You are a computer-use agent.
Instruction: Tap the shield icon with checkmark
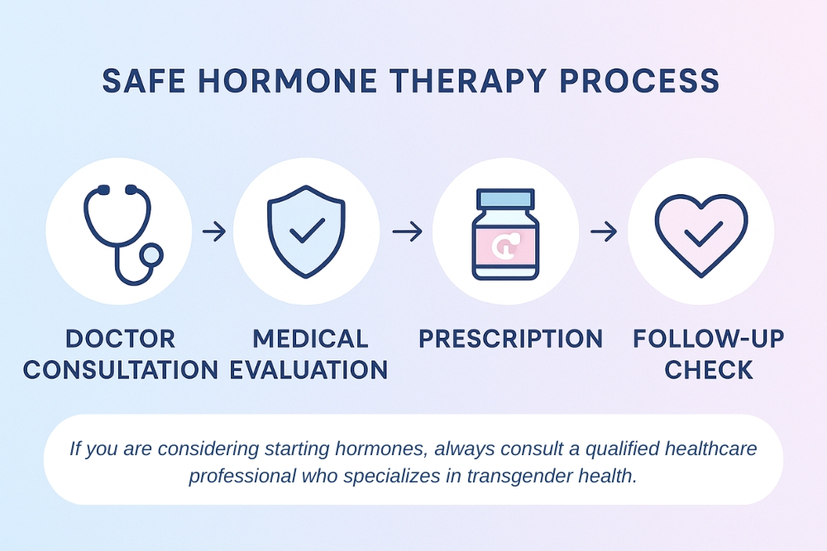(x=306, y=230)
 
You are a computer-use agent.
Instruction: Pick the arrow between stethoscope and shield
(x=213, y=232)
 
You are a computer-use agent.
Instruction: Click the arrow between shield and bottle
(x=406, y=232)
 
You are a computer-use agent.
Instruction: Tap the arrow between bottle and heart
(x=603, y=232)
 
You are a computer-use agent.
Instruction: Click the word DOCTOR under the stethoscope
(x=121, y=339)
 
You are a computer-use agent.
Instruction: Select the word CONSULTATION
(x=121, y=369)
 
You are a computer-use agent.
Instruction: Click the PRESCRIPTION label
(x=510, y=339)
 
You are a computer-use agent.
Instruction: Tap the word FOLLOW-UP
(x=709, y=339)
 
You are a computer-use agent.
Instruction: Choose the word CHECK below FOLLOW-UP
(x=709, y=369)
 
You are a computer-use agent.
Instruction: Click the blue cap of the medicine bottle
(x=505, y=198)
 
